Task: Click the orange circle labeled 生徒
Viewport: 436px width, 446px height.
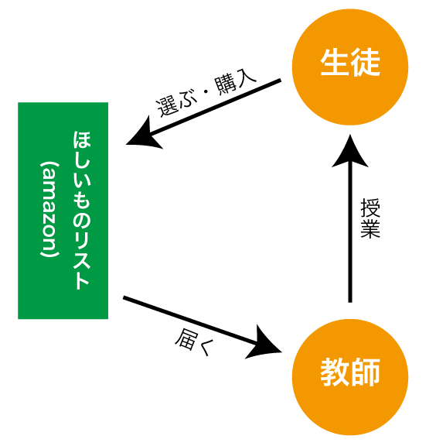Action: pyautogui.click(x=350, y=67)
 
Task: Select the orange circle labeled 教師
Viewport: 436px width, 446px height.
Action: pyautogui.click(x=350, y=377)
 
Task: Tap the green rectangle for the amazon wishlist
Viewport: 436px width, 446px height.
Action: pyautogui.click(x=63, y=211)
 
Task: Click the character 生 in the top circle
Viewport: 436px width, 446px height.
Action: pyautogui.click(x=335, y=62)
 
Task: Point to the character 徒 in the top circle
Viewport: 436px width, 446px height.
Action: pyautogui.click(x=366, y=62)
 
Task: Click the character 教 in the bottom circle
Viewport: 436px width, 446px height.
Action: pyautogui.click(x=335, y=372)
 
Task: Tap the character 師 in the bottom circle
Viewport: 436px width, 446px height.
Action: pyautogui.click(x=366, y=372)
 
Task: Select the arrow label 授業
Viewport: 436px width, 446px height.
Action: pyautogui.click(x=370, y=218)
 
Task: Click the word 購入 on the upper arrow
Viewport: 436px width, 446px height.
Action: pyautogui.click(x=235, y=83)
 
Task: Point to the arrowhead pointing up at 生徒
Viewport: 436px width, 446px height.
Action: pyautogui.click(x=350, y=151)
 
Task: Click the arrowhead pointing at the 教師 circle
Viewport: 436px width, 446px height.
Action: pyautogui.click(x=266, y=343)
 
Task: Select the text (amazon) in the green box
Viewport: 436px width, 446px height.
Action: pyautogui.click(x=49, y=209)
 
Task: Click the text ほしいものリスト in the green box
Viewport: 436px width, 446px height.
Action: pyautogui.click(x=81, y=210)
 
